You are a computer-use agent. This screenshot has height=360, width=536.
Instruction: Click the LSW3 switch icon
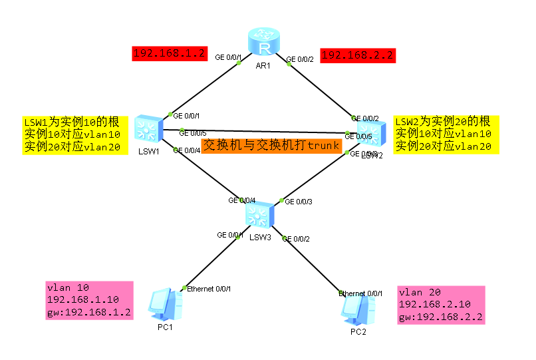click(259, 214)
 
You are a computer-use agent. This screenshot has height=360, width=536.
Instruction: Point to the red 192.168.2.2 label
click(358, 55)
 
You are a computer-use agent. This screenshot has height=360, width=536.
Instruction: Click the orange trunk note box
click(271, 145)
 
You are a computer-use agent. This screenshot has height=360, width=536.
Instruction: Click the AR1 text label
click(263, 67)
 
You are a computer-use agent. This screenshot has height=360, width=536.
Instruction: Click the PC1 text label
click(166, 327)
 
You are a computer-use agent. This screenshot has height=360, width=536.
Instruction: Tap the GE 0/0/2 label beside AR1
click(299, 60)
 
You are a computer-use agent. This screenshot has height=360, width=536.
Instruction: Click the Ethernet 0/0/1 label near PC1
click(209, 289)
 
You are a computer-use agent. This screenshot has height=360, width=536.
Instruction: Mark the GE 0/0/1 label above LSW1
click(187, 115)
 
